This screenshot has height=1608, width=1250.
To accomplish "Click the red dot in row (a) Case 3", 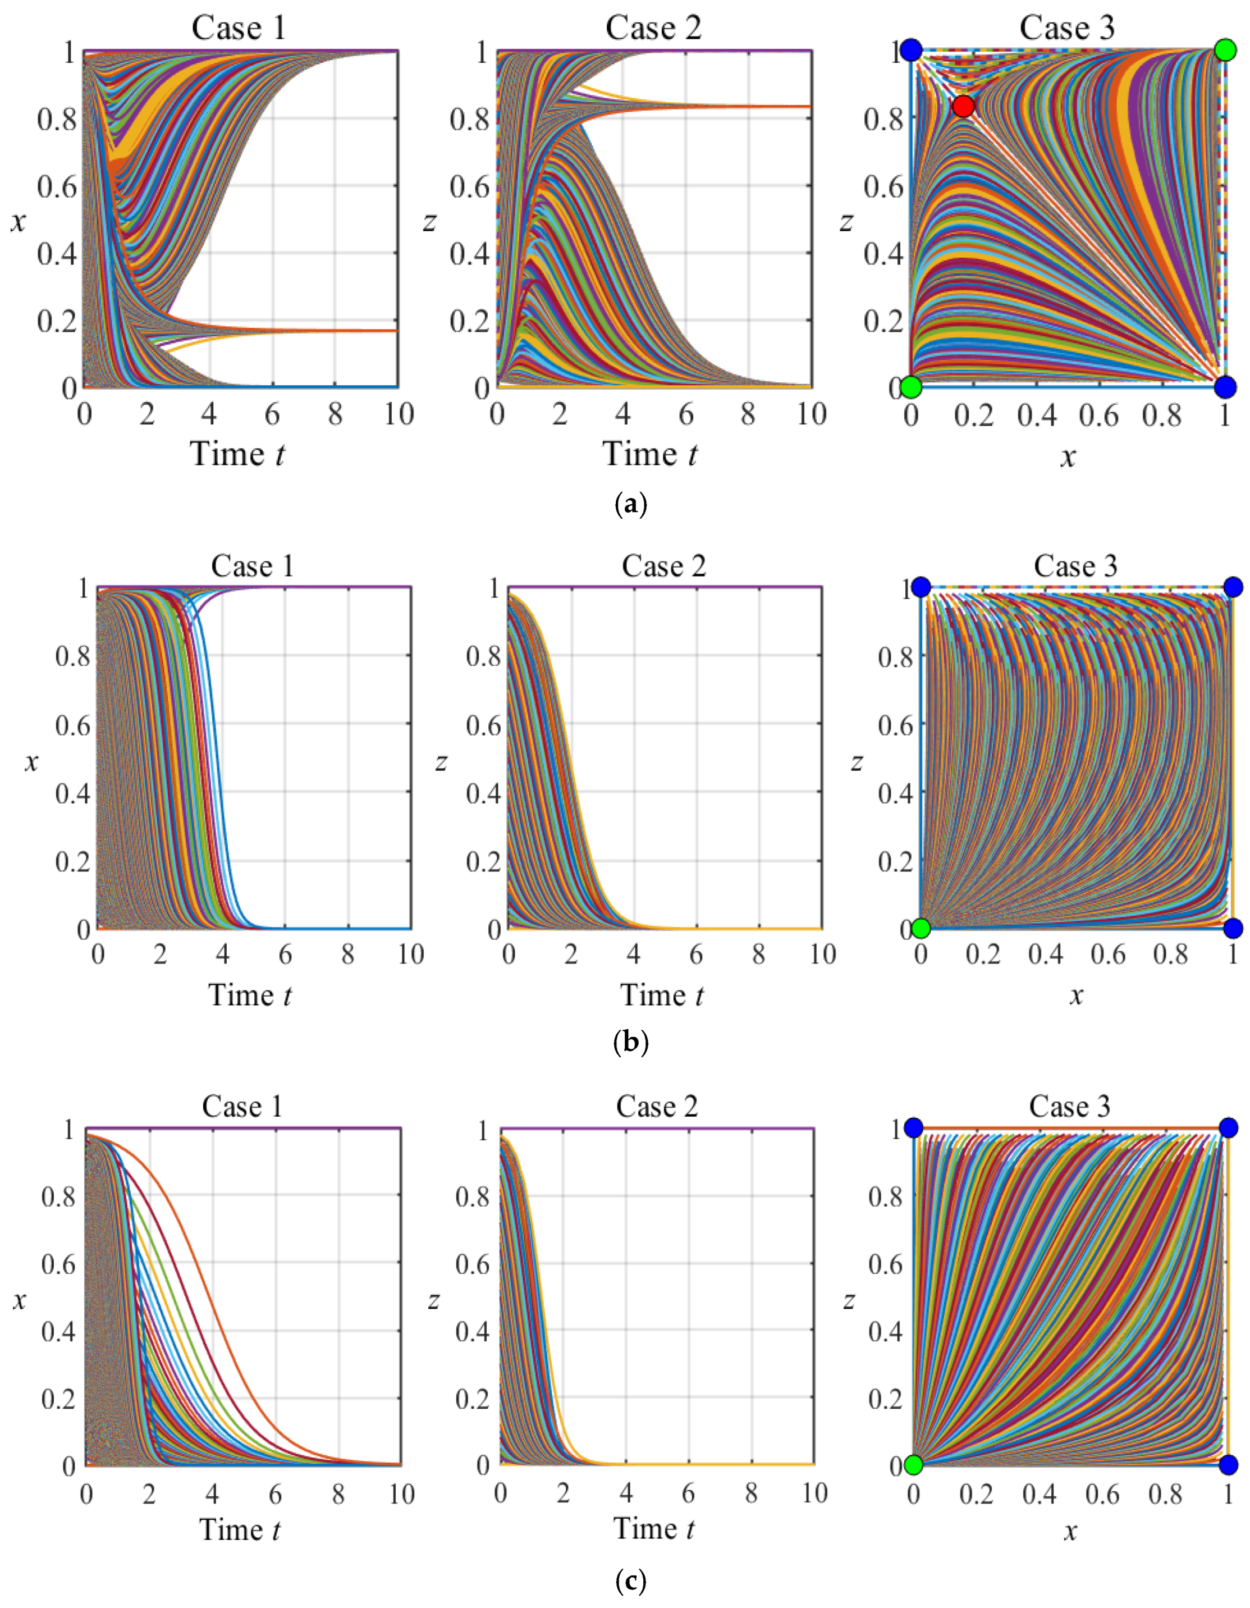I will point(963,106).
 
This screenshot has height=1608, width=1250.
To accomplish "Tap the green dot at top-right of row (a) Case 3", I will point(1225,50).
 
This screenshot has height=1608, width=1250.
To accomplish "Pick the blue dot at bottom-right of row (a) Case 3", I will point(1225,386).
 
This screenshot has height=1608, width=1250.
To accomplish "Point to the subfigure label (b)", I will point(630,1043).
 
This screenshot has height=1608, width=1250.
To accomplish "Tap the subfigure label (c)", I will point(630,1580).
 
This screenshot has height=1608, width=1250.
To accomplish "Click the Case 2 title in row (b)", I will point(663,566).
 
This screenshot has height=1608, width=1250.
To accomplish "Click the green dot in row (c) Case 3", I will point(914,1466).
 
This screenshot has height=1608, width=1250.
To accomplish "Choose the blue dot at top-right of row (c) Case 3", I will point(1228,1128).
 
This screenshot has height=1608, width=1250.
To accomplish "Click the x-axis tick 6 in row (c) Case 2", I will point(688,1493).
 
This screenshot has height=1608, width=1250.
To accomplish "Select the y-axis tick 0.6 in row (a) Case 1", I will point(57,186).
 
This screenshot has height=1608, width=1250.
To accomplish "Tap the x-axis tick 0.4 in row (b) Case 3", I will point(1045,955).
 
